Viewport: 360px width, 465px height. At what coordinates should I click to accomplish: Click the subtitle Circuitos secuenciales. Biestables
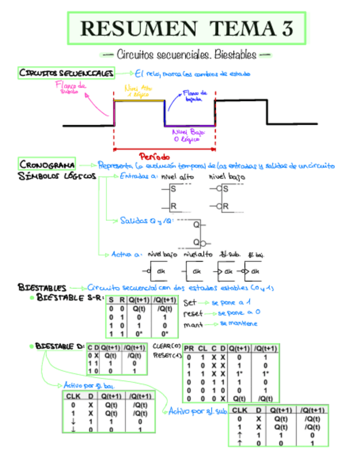click(187, 55)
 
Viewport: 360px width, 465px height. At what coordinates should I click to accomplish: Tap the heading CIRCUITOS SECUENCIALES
click(66, 73)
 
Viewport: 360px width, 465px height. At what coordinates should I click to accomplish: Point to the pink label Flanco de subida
click(70, 88)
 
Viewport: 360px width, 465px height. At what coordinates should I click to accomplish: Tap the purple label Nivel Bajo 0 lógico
click(187, 136)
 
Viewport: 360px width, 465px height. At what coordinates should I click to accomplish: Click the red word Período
click(154, 156)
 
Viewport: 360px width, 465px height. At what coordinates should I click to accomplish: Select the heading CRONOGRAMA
click(47, 165)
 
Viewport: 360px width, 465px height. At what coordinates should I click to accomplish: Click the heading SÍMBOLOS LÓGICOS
click(57, 177)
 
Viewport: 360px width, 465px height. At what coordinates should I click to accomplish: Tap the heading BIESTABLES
click(42, 287)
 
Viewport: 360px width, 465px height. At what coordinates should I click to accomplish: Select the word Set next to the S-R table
click(189, 303)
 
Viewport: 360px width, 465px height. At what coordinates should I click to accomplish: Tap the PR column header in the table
click(189, 348)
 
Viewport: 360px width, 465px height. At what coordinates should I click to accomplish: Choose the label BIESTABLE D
click(59, 347)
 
